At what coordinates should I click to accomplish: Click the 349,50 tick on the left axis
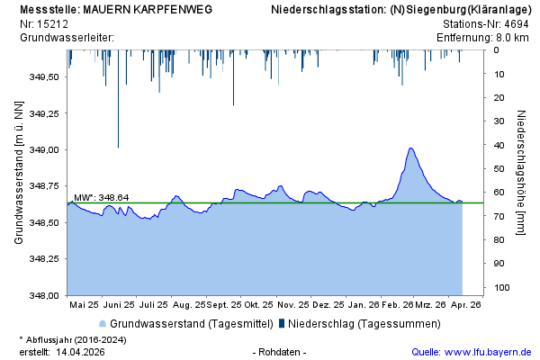click(45, 76)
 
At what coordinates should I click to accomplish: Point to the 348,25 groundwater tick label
click(45, 258)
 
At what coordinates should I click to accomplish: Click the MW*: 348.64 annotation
click(101, 197)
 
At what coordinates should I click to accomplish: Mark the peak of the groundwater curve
click(410, 148)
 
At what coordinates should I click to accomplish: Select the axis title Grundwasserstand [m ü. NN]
click(18, 172)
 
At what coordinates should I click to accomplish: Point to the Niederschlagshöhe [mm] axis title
click(522, 173)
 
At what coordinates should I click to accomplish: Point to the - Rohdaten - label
click(281, 352)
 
